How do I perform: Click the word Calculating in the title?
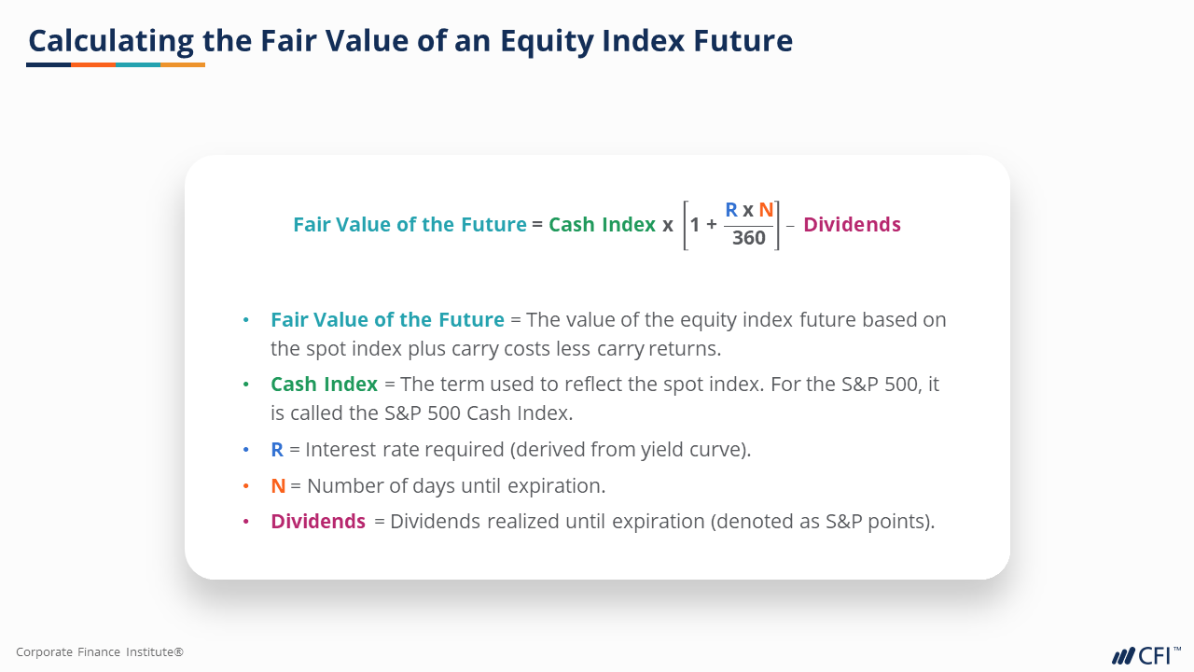(111, 42)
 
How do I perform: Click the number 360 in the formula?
(749, 238)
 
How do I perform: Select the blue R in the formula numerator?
(731, 210)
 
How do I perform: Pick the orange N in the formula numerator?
(766, 210)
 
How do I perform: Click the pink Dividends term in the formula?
(852, 225)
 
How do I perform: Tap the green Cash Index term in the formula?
(602, 225)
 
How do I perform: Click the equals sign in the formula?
(537, 225)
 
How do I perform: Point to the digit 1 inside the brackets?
(695, 225)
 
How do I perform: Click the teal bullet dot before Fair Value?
(245, 320)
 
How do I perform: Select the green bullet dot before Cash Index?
(245, 385)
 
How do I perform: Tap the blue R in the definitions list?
(277, 450)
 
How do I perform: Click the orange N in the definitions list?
(278, 486)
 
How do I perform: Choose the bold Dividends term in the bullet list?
(318, 522)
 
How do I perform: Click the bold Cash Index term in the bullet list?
(324, 385)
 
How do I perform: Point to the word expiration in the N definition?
(556, 486)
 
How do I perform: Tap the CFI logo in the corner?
(1146, 655)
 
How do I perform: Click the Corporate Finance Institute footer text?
(100, 651)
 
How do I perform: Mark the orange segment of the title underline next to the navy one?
(93, 65)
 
